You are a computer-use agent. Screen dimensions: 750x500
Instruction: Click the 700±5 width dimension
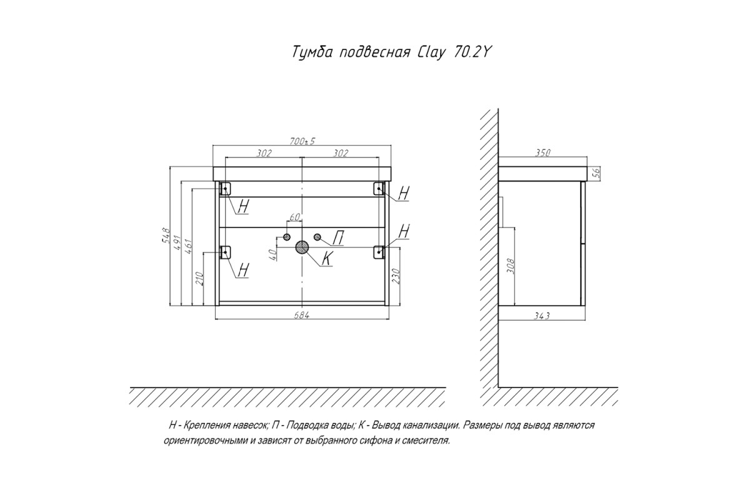(x=302, y=141)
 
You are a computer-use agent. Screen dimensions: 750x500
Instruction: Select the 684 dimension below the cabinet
(x=302, y=316)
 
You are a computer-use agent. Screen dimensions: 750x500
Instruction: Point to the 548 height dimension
(x=166, y=236)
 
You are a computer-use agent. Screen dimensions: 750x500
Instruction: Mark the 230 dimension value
(x=396, y=276)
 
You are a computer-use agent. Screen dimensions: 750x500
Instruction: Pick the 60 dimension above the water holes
(x=294, y=217)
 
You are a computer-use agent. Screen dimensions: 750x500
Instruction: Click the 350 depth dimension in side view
(x=542, y=152)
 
